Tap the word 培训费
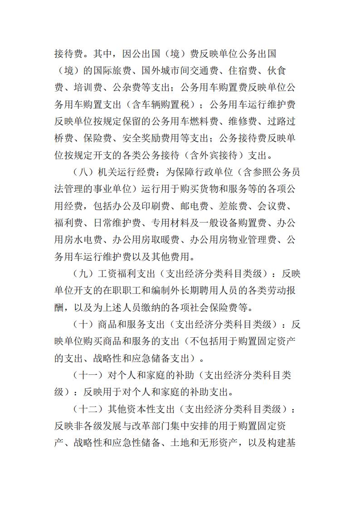pyautogui.click(x=89, y=87)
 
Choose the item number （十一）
pyautogui.click(x=87, y=375)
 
